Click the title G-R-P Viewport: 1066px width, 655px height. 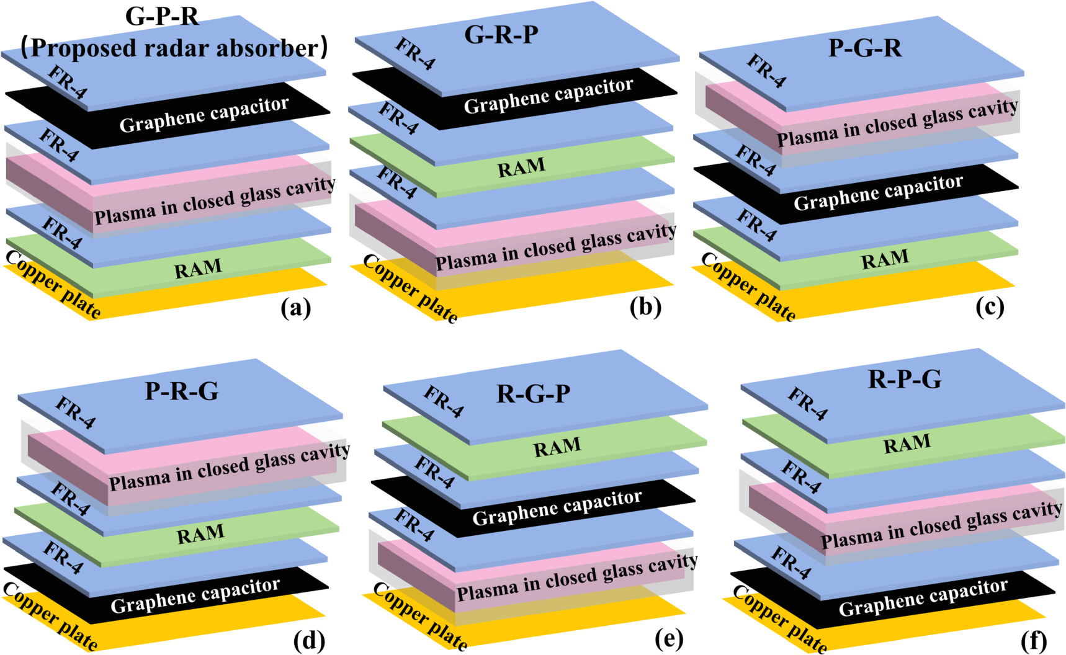point(501,34)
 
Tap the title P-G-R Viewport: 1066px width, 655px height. point(865,48)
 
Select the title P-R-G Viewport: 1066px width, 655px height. point(181,391)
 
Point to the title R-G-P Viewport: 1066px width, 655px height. point(533,394)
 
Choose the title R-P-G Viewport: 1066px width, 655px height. point(904,378)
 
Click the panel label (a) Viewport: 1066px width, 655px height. point(295,308)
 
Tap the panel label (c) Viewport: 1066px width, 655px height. point(989,306)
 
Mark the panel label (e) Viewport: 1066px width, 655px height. point(669,638)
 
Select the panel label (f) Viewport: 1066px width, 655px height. point(1033,640)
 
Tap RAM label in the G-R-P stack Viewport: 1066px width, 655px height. point(521,167)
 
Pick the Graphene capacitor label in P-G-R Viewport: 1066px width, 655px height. point(878,193)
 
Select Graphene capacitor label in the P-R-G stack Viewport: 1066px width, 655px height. point(195,596)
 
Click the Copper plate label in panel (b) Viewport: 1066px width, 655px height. point(410,289)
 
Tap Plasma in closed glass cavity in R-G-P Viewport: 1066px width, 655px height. point(577,578)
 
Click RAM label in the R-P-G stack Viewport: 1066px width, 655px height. point(907,443)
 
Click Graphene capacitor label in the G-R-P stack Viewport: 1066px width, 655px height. point(549,96)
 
